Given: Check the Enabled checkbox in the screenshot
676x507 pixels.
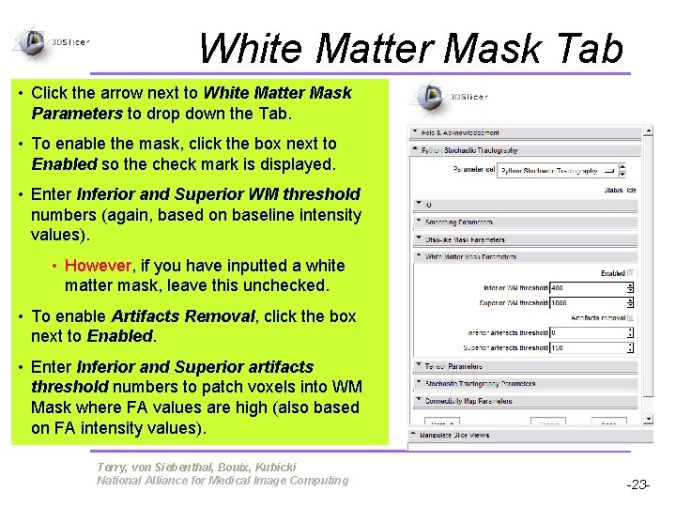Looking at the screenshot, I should pos(631,273).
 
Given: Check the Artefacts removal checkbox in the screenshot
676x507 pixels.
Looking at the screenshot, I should pos(631,318).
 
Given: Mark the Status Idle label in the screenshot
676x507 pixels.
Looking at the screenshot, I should pos(619,191).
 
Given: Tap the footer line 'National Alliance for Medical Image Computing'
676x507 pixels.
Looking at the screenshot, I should pos(223,481).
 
